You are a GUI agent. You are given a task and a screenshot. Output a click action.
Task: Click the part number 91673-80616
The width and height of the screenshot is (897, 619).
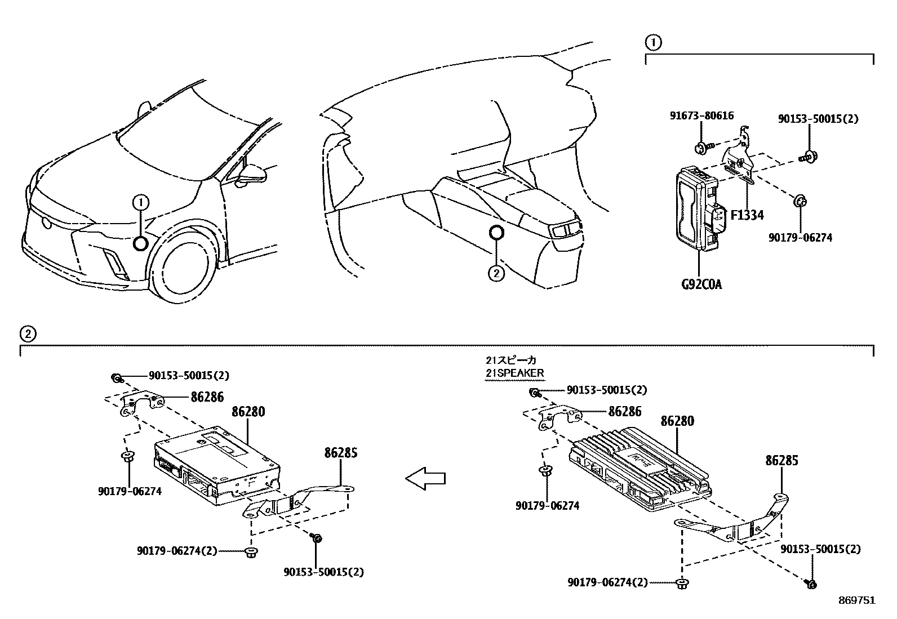(701, 115)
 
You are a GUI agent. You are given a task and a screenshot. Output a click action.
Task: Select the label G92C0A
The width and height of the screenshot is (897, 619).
(701, 284)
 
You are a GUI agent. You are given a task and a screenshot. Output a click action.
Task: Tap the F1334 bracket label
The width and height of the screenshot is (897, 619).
(747, 215)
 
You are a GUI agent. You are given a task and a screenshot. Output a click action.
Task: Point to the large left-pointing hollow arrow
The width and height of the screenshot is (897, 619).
(425, 479)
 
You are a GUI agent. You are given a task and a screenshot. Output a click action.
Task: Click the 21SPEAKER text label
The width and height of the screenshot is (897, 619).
(515, 373)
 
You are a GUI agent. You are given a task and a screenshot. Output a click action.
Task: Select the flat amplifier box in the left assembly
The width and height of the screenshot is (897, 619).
(217, 465)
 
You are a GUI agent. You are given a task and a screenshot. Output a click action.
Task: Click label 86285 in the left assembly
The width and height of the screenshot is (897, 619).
(341, 452)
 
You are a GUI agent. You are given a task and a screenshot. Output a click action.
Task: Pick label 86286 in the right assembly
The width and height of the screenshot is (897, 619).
(625, 412)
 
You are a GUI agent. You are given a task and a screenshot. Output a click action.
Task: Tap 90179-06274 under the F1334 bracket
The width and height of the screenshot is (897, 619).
(800, 238)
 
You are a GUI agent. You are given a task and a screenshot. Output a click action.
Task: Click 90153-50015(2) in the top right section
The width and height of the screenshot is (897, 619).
(818, 119)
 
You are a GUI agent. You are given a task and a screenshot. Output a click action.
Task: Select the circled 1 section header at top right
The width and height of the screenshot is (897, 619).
(653, 42)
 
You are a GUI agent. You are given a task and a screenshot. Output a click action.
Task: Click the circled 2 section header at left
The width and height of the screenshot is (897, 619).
(28, 333)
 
